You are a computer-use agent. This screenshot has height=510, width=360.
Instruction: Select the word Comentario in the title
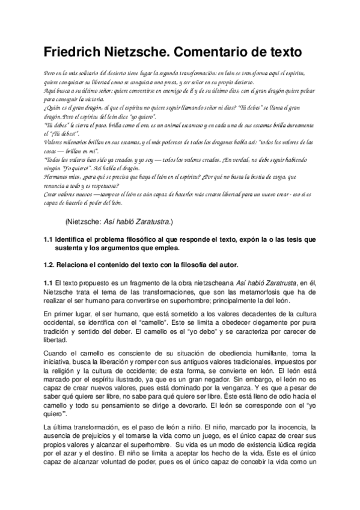coord(226,52)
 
